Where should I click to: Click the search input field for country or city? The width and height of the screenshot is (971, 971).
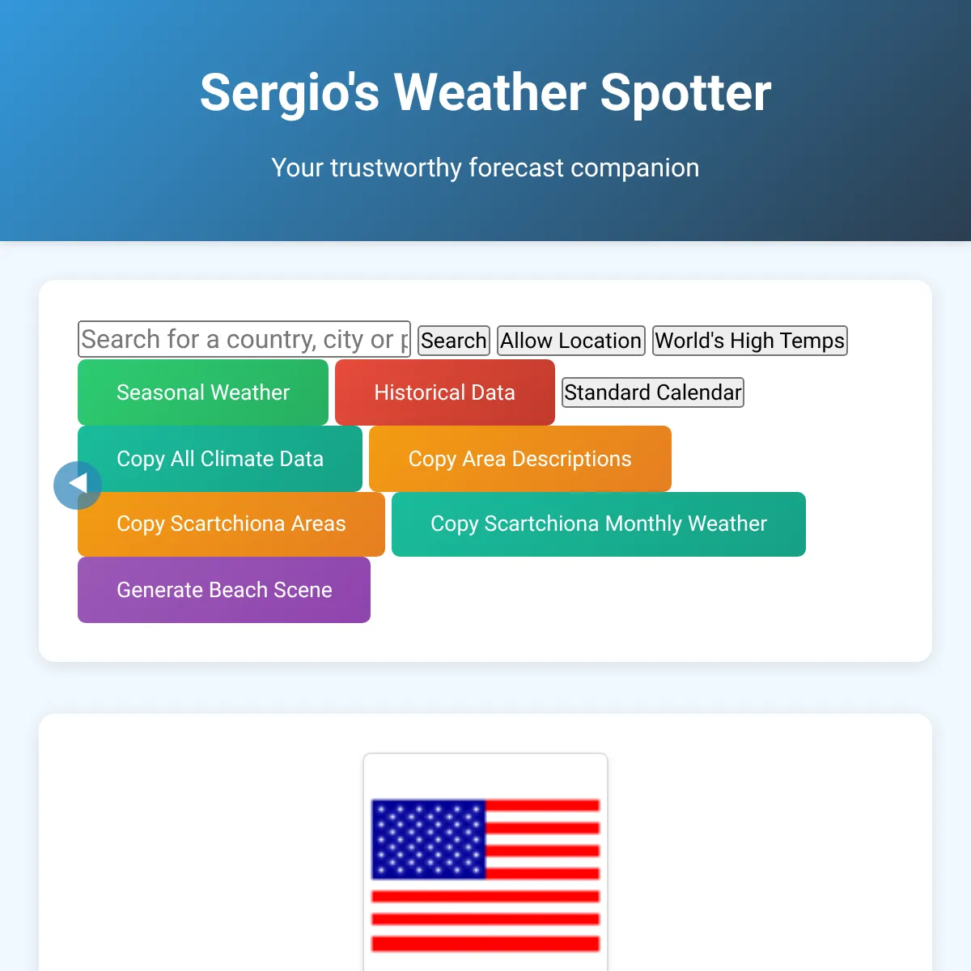coord(244,338)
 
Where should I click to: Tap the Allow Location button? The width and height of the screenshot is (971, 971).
coord(571,341)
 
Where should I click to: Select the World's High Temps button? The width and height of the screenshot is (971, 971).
coord(750,341)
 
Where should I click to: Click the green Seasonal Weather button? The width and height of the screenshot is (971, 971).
coord(203,392)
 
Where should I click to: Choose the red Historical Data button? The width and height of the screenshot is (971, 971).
coord(445,392)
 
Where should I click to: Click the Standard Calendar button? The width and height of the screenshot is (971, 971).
coord(652,392)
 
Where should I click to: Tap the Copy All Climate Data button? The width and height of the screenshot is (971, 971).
coord(220,459)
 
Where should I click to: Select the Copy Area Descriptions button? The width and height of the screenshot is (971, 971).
coord(520,459)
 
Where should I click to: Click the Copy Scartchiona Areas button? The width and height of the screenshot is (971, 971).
coord(231,524)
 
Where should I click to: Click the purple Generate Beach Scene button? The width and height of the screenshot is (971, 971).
coord(224,590)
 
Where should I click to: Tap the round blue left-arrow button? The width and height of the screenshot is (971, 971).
coord(78,485)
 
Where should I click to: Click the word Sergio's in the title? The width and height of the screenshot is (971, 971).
coord(290,93)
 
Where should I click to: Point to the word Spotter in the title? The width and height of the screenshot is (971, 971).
coord(686,93)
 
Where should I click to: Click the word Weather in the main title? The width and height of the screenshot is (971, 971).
coord(490,92)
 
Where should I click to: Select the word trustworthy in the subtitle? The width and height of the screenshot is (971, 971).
coord(396,167)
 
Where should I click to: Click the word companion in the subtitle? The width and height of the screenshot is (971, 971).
coord(635,168)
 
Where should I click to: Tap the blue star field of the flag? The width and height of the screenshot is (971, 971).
coord(428,839)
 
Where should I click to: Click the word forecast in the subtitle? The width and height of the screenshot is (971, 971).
coord(516,167)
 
